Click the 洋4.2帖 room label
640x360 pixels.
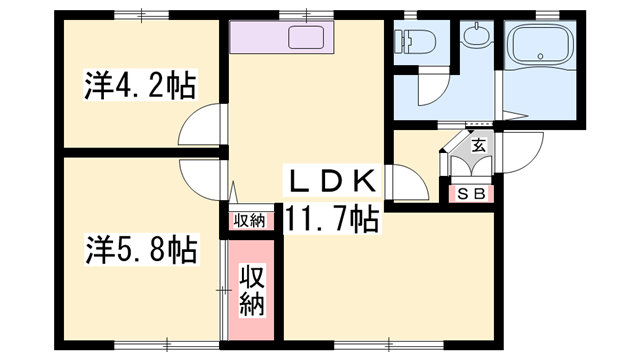click(x=139, y=86)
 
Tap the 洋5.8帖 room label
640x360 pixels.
click(x=139, y=246)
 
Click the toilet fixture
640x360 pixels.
click(x=412, y=42)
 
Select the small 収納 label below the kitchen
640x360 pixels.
click(x=249, y=220)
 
